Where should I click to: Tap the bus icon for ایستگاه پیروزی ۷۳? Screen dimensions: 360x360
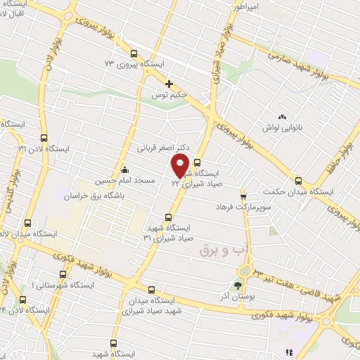tap(134, 53)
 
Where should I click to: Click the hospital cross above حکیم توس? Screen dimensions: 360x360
tap(169, 84)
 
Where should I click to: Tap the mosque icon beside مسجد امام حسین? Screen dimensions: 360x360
tap(124, 169)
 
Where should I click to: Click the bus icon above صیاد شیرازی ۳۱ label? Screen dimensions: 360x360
tap(167, 217)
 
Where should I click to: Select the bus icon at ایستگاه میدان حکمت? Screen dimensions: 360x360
tap(298, 181)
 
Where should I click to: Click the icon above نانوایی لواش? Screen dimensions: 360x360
tap(282, 117)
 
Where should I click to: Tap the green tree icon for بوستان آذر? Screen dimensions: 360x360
tap(237, 285)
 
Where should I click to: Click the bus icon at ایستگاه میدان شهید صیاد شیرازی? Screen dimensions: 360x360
tap(151, 288)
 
